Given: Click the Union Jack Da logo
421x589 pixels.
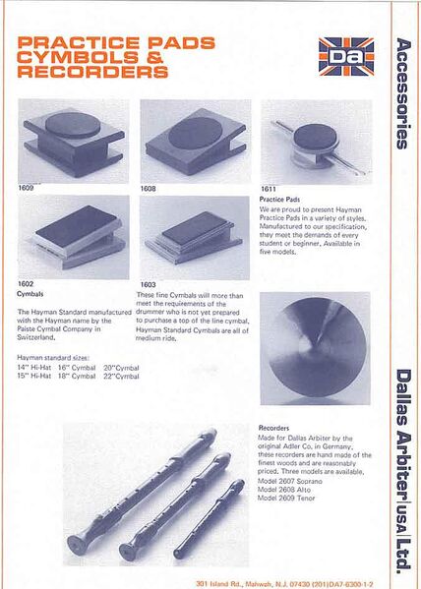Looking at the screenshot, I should [345, 58].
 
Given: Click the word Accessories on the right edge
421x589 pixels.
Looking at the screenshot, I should [401, 92].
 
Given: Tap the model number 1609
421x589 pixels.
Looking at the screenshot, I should [27, 186].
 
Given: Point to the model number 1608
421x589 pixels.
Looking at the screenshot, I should [148, 186].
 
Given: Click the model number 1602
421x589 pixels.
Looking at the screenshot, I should [27, 283].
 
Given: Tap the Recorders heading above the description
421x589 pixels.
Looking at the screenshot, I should [272, 429].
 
